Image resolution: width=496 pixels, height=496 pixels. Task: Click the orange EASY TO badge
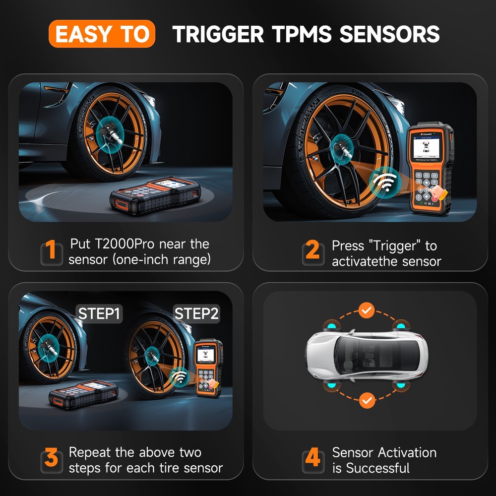102,34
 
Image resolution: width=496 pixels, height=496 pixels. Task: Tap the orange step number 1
51,251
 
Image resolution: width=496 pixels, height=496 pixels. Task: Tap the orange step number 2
312,251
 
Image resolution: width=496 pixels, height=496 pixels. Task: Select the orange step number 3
51,459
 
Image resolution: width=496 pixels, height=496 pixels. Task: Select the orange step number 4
312,459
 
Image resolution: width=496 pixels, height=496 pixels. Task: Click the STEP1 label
99,313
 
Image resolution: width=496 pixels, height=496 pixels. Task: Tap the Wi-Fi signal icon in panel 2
384,182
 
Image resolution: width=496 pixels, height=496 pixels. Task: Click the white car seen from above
367,356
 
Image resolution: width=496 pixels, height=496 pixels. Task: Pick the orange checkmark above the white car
367,311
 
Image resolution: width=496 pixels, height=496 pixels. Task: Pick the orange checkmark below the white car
367,399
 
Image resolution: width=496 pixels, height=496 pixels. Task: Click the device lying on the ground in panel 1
155,195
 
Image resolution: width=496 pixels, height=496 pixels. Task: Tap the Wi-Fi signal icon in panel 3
178,377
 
